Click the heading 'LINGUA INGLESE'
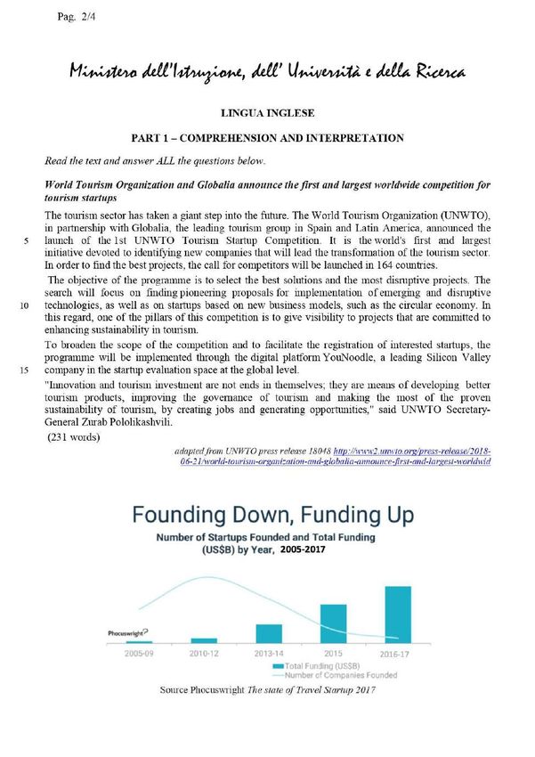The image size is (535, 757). point(268,113)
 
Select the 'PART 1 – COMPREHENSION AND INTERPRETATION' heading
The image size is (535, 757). point(268,138)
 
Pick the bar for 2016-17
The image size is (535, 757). point(397,615)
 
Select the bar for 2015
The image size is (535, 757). point(333,623)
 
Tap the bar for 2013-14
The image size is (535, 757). point(269,633)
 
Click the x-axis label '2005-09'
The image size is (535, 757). point(140,653)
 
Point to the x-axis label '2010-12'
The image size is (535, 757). point(204,653)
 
